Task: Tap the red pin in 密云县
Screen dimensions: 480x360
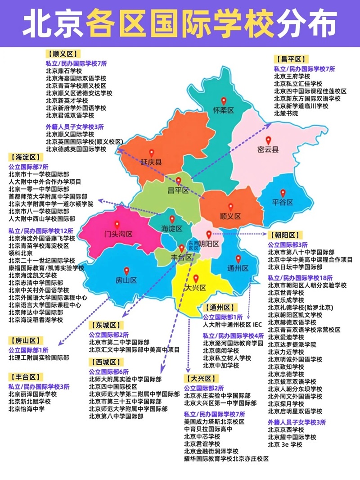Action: coord(268,140)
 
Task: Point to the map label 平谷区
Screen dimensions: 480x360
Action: coord(283,203)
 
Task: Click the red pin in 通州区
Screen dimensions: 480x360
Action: coord(238,259)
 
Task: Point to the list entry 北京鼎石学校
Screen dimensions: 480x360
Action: coord(64,71)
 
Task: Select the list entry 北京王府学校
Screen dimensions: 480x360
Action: coord(292,77)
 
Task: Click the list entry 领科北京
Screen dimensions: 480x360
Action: coord(20,253)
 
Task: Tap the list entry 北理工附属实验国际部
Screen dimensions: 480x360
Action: coord(39,358)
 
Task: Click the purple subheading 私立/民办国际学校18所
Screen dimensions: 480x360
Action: coord(300,277)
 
